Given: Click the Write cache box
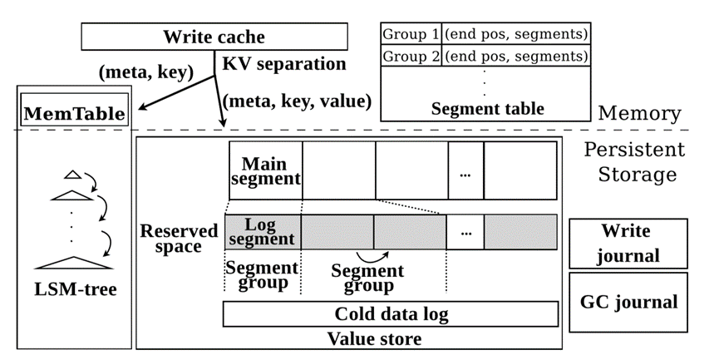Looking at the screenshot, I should coord(214,37).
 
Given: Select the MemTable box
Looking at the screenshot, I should coord(74,113).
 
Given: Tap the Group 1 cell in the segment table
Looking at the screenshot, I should coord(410,35).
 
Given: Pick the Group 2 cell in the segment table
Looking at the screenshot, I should coord(410,57).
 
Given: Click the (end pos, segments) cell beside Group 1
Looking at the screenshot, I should coord(516,35).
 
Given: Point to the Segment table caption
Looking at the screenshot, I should coord(487,109).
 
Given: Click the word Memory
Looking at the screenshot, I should coord(640,113).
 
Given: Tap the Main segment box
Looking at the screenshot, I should coord(265,170).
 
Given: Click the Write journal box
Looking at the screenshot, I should coord(628,243).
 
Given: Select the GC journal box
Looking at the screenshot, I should coord(628,301).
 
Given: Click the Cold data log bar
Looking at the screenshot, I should coord(390,313).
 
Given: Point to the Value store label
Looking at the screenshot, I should coord(374,338).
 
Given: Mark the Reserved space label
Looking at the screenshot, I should coord(180,238).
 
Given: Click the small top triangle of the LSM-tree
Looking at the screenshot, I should coord(72,175).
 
